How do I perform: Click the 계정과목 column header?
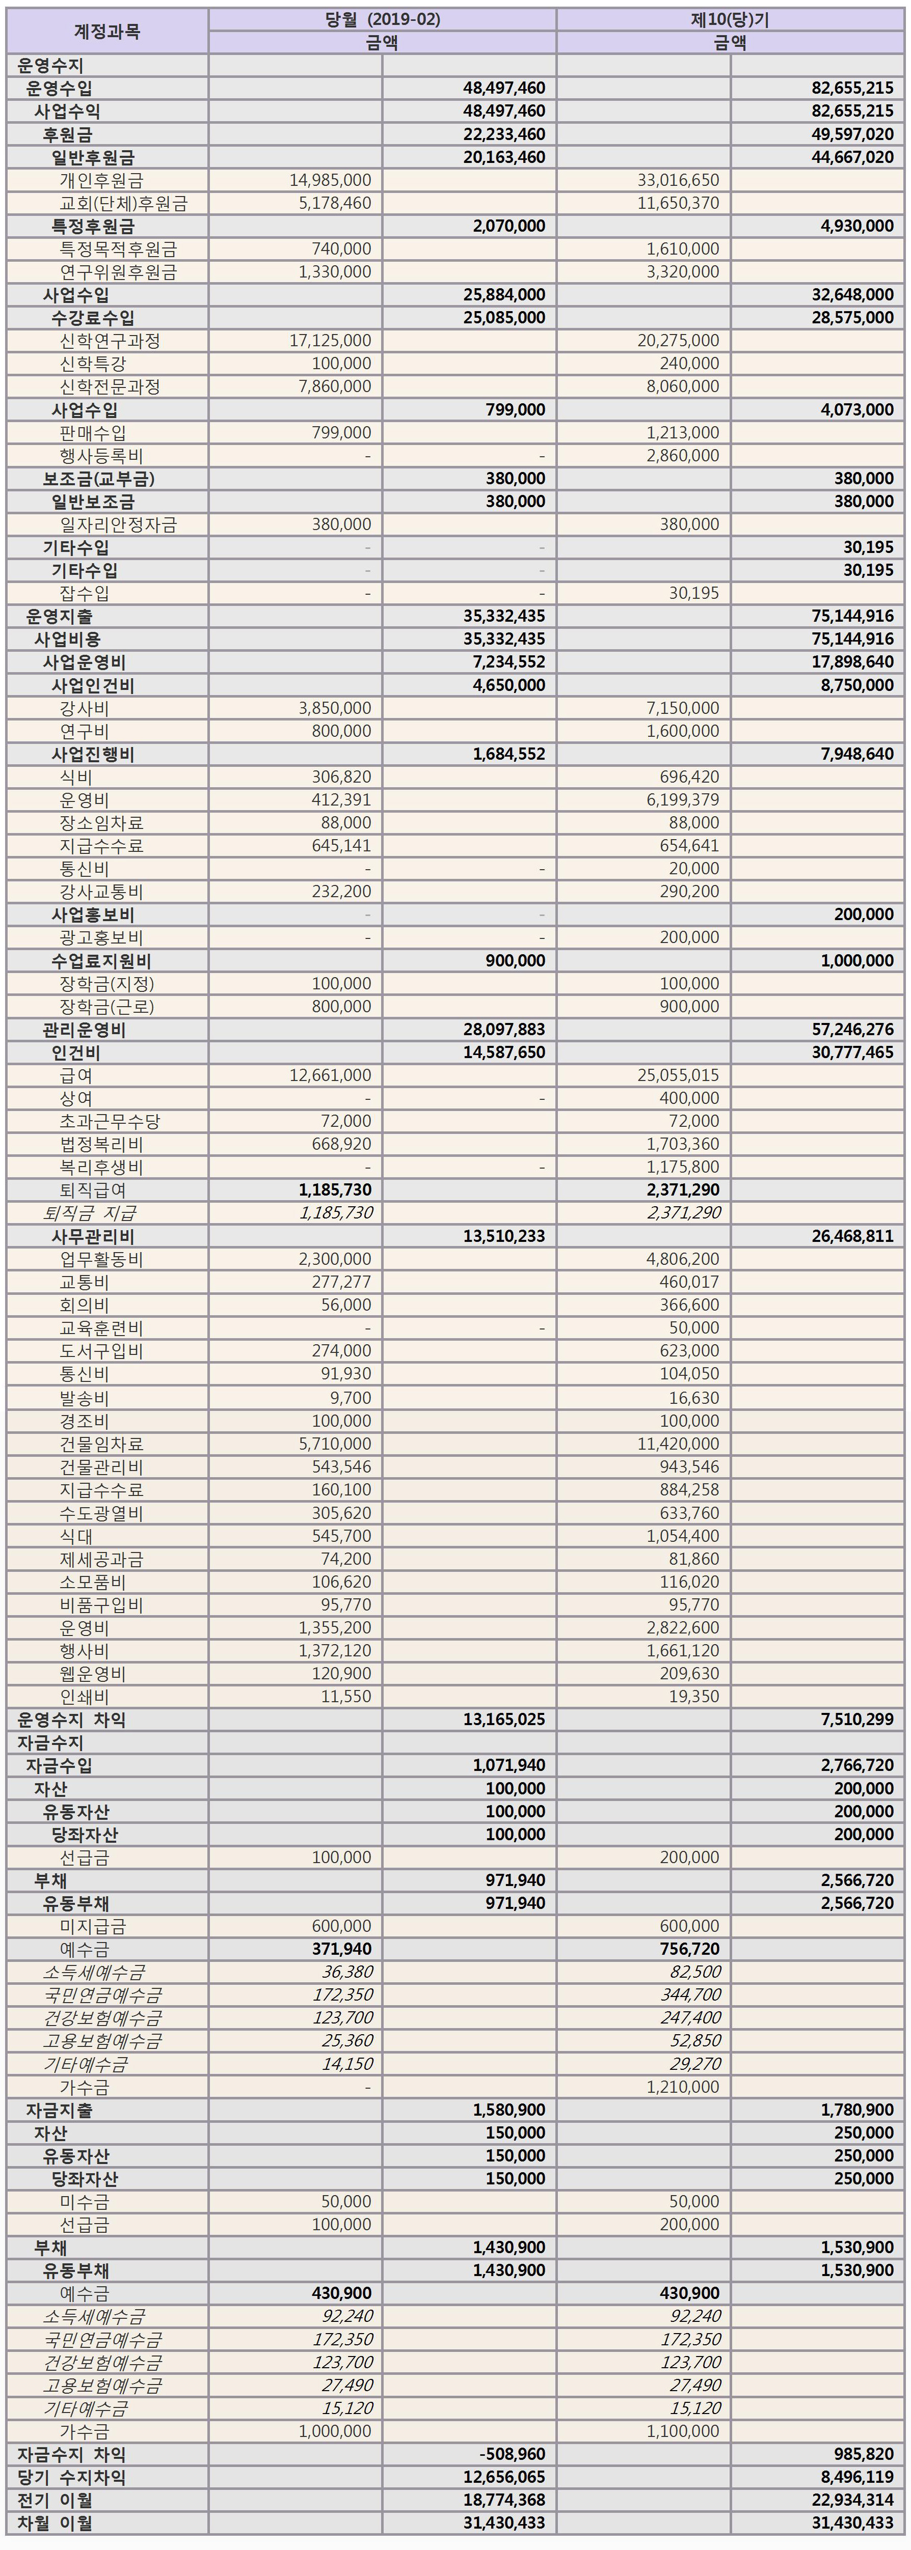(107, 31)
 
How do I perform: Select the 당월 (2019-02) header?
(382, 19)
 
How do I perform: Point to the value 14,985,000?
(331, 180)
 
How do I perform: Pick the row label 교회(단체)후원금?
(123, 203)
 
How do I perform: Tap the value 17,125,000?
(331, 341)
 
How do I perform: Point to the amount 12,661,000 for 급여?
(331, 1075)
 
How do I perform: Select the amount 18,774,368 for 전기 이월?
(504, 2501)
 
